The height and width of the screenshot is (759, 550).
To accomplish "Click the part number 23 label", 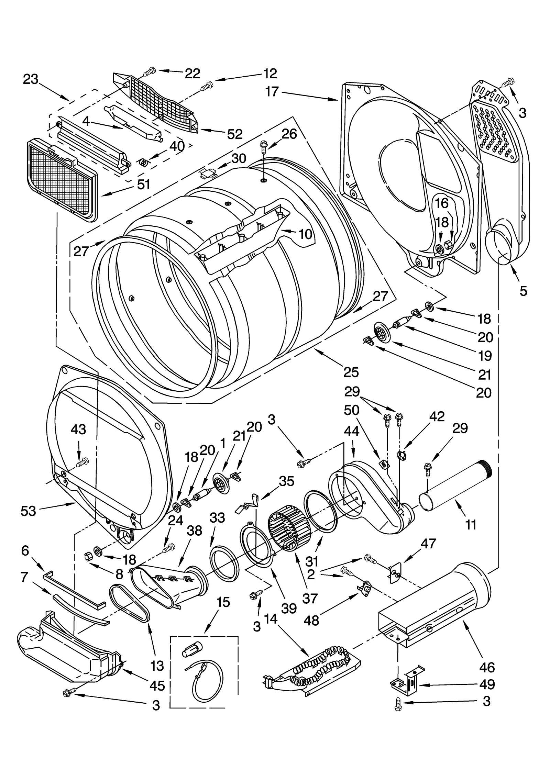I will click(31, 79).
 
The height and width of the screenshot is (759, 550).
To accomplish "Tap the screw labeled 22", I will click(149, 71).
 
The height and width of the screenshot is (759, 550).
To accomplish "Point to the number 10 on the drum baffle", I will click(305, 234).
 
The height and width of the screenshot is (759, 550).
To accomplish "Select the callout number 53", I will click(28, 511).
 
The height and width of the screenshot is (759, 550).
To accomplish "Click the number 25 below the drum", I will click(351, 372).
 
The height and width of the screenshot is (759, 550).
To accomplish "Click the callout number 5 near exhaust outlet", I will click(523, 291).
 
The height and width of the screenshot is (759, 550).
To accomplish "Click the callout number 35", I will click(286, 481).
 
